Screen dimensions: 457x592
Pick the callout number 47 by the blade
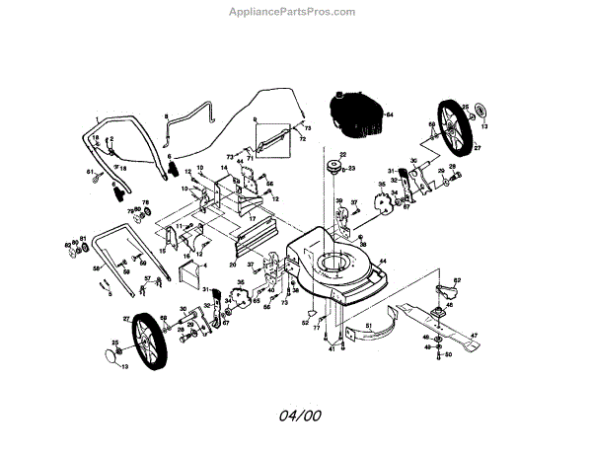473,337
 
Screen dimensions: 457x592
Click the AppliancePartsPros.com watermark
292,13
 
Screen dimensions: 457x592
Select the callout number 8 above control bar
167,116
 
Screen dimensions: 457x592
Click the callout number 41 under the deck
333,348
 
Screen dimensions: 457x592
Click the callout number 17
253,218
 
